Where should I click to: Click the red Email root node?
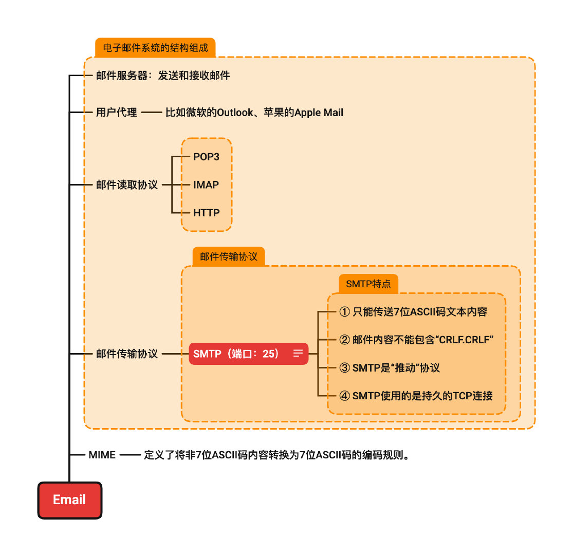[70, 500]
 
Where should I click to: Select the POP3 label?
[206, 157]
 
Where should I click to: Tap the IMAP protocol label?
[206, 184]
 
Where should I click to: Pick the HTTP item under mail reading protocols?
[206, 212]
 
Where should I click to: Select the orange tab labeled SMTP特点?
[368, 284]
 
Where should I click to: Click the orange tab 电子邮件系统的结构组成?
[155, 48]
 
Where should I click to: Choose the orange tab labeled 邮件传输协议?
[228, 256]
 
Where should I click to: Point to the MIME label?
[102, 455]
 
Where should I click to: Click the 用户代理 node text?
[117, 112]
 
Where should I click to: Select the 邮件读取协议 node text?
[127, 185]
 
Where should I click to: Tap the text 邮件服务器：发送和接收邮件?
[163, 76]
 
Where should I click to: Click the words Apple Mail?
[319, 112]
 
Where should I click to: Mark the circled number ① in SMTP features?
[344, 312]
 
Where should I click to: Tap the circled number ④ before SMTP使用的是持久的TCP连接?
[344, 396]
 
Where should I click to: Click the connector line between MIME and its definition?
[130, 455]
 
